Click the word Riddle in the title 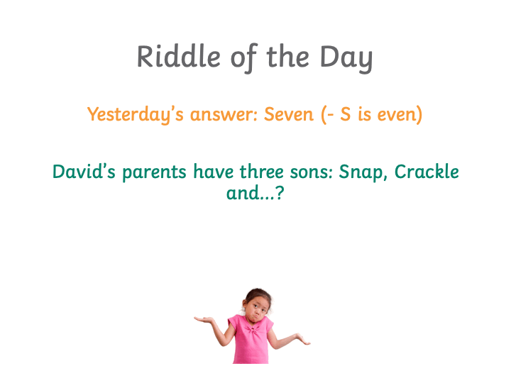pos(179,56)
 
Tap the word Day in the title pos(346,59)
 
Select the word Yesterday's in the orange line pos(136,115)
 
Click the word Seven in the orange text pos(288,114)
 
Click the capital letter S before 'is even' pos(346,114)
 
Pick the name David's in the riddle pos(84,172)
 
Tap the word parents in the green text pos(154,172)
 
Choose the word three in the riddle pos(261,172)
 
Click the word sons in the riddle pos(312,172)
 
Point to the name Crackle pos(427,172)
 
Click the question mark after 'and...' pos(280,193)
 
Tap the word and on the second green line pos(243,193)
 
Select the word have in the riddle pos(214,172)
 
